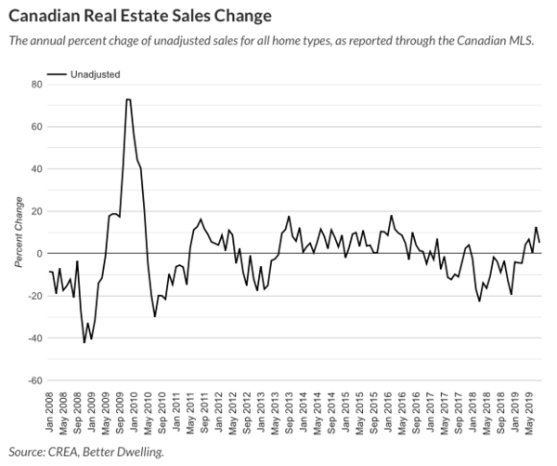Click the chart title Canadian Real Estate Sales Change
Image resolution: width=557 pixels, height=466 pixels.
pyautogui.click(x=139, y=16)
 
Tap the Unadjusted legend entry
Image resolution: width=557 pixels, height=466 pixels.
pyautogui.click(x=96, y=73)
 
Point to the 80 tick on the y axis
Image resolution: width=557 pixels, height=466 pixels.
pyautogui.click(x=37, y=84)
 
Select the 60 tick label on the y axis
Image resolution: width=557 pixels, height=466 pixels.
pyautogui.click(x=37, y=126)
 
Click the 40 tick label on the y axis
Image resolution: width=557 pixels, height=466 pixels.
pyautogui.click(x=37, y=168)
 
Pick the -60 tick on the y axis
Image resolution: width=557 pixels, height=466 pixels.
pyautogui.click(x=34, y=380)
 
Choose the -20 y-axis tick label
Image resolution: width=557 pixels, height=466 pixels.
pyautogui.click(x=34, y=296)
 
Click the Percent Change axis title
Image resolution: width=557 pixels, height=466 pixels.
pyautogui.click(x=18, y=233)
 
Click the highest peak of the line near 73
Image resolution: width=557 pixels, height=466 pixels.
pyautogui.click(x=128, y=99)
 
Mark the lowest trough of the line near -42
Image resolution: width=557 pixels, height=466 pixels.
pyautogui.click(x=84, y=342)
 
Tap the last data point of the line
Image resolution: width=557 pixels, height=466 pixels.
pyautogui.click(x=539, y=242)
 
